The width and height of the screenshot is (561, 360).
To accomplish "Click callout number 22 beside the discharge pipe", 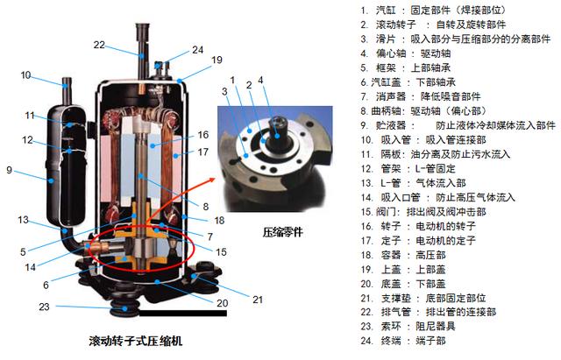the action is (99, 45).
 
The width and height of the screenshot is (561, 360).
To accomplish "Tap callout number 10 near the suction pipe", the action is (25, 75).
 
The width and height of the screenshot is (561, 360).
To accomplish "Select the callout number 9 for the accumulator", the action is (10, 170).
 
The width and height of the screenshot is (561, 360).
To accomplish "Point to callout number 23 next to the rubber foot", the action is (44, 307).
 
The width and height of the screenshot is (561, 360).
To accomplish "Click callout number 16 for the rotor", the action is (202, 135).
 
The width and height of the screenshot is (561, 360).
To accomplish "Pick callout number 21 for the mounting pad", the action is (258, 300).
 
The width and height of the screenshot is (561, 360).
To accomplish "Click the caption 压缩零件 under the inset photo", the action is (282, 232).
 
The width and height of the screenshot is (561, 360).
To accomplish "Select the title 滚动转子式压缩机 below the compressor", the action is (136, 341).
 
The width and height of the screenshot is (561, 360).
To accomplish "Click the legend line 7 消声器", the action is (421, 96).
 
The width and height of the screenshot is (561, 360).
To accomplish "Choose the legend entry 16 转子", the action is (418, 226).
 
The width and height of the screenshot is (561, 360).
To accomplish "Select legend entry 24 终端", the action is (403, 341).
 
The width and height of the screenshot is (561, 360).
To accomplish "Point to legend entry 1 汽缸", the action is (434, 10).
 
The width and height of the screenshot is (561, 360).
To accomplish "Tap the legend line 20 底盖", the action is (403, 284).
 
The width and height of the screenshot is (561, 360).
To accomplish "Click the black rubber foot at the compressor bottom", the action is (124, 309).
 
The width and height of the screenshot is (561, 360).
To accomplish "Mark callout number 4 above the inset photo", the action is (260, 80).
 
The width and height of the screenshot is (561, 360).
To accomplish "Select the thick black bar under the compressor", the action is (183, 314).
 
